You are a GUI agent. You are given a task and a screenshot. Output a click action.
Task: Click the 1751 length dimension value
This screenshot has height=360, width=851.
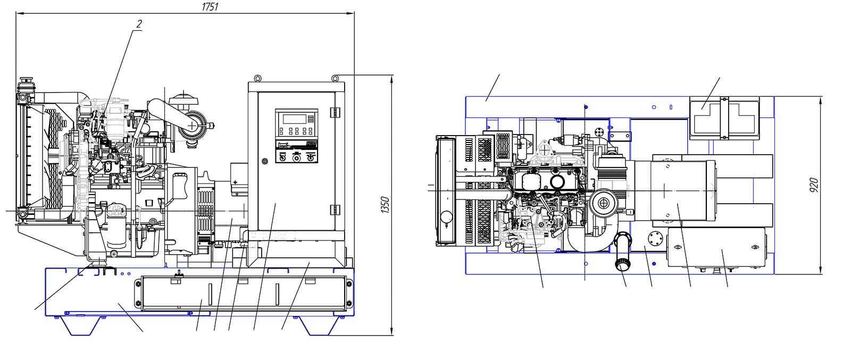(209, 6)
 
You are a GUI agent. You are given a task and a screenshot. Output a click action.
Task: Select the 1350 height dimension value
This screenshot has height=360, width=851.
(386, 205)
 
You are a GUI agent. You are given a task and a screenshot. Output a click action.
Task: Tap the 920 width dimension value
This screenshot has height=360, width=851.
(814, 185)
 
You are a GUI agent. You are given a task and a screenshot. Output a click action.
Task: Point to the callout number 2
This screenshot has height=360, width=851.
(139, 24)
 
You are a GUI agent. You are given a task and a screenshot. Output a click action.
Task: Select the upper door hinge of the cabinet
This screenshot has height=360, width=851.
(335, 113)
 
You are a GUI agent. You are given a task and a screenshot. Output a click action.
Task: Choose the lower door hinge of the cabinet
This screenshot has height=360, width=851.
(335, 209)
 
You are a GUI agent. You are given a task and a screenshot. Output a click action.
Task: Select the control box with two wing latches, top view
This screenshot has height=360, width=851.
(715, 249)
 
